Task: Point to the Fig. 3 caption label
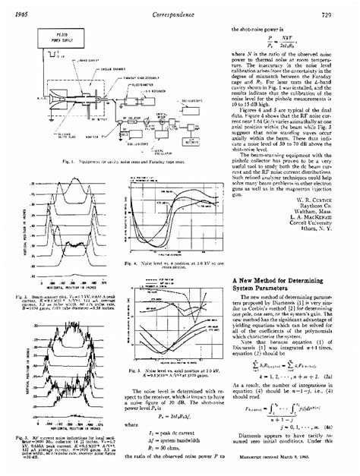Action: point(24,438)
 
